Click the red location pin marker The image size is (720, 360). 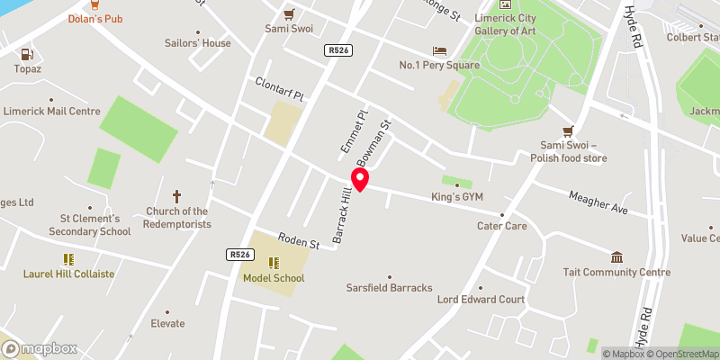tap(361, 179)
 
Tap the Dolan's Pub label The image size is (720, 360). tap(96, 18)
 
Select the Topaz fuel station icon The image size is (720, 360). tap(22, 54)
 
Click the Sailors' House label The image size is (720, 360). tap(198, 43)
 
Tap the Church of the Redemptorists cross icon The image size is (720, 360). tap(176, 195)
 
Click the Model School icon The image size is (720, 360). tap(274, 263)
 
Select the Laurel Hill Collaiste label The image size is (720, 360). tap(70, 274)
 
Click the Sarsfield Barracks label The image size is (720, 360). tap(390, 288)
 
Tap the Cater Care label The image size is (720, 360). tap(502, 226)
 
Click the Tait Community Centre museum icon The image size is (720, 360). tap(616, 257)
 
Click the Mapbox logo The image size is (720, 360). tap(40, 349)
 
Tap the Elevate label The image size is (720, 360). tap(167, 324)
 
